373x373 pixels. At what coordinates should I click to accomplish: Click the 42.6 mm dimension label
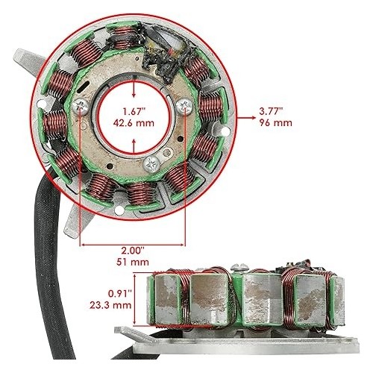[134, 123]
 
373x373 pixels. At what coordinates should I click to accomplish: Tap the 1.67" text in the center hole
[134, 111]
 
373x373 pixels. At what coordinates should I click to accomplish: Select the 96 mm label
[275, 123]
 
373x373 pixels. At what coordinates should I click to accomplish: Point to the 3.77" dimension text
[271, 111]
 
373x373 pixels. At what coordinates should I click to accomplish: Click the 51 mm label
[133, 262]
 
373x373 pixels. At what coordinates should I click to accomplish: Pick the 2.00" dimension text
[133, 250]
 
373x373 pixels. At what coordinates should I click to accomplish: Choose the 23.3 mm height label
[110, 305]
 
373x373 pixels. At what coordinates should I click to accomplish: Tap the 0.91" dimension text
[119, 293]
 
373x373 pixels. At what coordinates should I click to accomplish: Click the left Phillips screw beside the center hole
[80, 107]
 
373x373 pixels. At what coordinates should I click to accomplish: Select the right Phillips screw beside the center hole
[184, 106]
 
